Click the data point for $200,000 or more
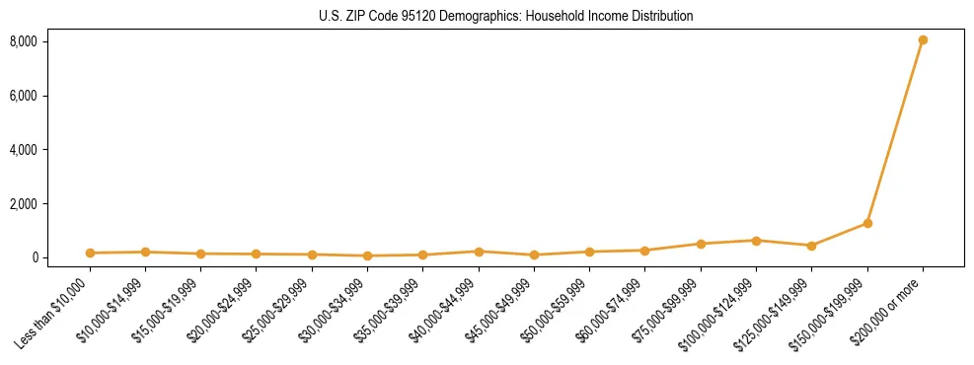click(x=923, y=40)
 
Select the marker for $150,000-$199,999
click(x=867, y=223)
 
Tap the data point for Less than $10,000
click(x=90, y=254)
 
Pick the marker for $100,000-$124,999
click(x=756, y=241)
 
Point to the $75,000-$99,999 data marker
click(x=701, y=244)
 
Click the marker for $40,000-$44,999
click(x=479, y=252)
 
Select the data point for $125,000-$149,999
click(x=811, y=246)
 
